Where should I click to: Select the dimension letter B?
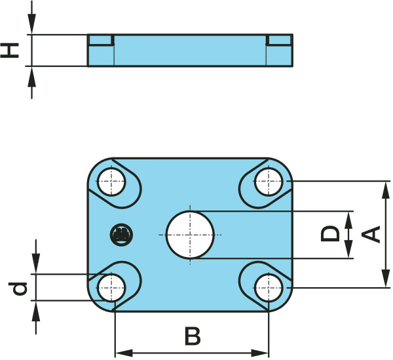coord(191,336)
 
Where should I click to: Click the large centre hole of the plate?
coord(191,235)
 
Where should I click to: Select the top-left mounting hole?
coord(112,182)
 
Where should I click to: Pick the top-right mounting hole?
coord(267,182)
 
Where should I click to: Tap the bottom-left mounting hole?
coord(112,287)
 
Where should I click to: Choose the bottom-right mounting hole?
coord(267,287)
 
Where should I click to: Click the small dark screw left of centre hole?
coord(121,233)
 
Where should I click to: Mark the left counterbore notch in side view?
coord(102,40)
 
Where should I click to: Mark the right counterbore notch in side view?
coord(278,40)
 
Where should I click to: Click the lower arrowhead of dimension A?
coord(383,281)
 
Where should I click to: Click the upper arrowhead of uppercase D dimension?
coord(348,216)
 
